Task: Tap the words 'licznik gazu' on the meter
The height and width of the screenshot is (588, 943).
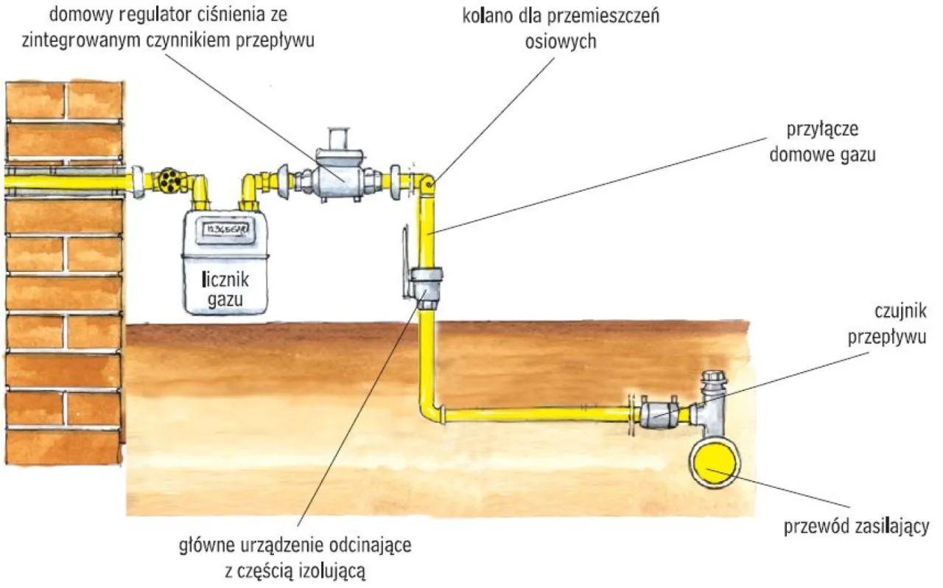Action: pos(225,289)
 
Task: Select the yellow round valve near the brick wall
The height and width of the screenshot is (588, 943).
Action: pos(169,180)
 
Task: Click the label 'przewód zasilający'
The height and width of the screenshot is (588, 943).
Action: pos(856,528)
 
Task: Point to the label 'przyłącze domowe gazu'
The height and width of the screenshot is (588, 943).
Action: pos(833,141)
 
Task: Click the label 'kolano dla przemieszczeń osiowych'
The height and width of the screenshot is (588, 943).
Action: pos(561,28)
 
